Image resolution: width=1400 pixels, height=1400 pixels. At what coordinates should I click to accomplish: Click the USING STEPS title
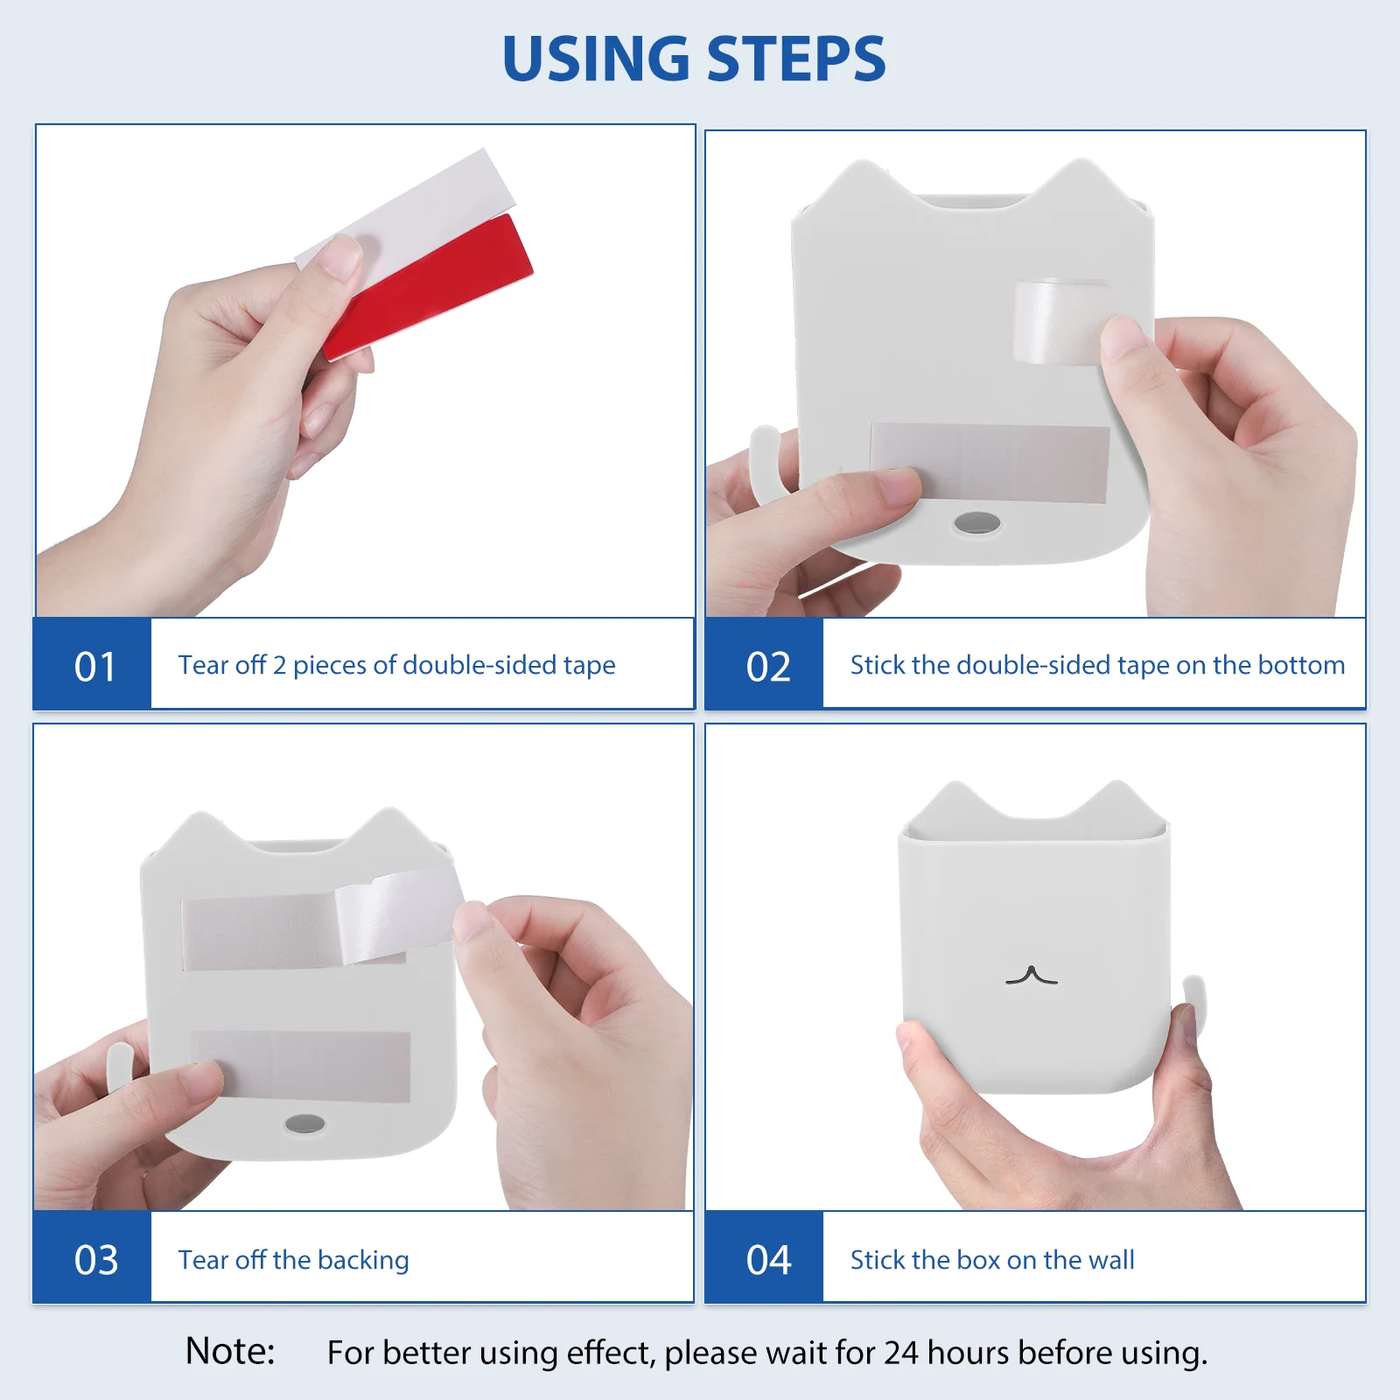click(694, 59)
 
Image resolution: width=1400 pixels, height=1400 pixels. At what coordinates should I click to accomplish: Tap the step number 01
click(94, 667)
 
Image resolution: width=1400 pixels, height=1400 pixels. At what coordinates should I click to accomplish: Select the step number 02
click(768, 667)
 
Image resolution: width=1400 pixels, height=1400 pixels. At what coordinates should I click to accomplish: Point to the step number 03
click(95, 1260)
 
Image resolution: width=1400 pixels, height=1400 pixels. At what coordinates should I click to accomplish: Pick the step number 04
click(768, 1260)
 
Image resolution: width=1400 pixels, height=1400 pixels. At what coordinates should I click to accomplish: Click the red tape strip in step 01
click(428, 286)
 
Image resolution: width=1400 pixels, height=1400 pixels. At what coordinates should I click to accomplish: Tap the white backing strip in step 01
click(405, 209)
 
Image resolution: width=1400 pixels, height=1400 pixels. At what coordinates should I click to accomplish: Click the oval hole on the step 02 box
click(976, 523)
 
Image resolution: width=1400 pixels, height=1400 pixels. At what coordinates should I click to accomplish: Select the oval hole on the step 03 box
click(304, 1124)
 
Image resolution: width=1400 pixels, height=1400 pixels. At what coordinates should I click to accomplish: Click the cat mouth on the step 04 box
click(1032, 975)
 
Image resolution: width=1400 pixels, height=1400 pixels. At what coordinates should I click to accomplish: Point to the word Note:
click(230, 1351)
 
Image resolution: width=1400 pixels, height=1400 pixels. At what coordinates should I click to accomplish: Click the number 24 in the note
click(901, 1353)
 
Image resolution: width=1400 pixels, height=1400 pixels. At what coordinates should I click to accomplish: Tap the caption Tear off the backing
click(294, 1260)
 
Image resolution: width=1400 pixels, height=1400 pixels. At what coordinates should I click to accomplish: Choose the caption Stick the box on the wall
click(992, 1260)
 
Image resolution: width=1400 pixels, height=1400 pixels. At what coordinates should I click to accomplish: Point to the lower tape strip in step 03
click(301, 1066)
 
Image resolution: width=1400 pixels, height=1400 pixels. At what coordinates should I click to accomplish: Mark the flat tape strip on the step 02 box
click(990, 463)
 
